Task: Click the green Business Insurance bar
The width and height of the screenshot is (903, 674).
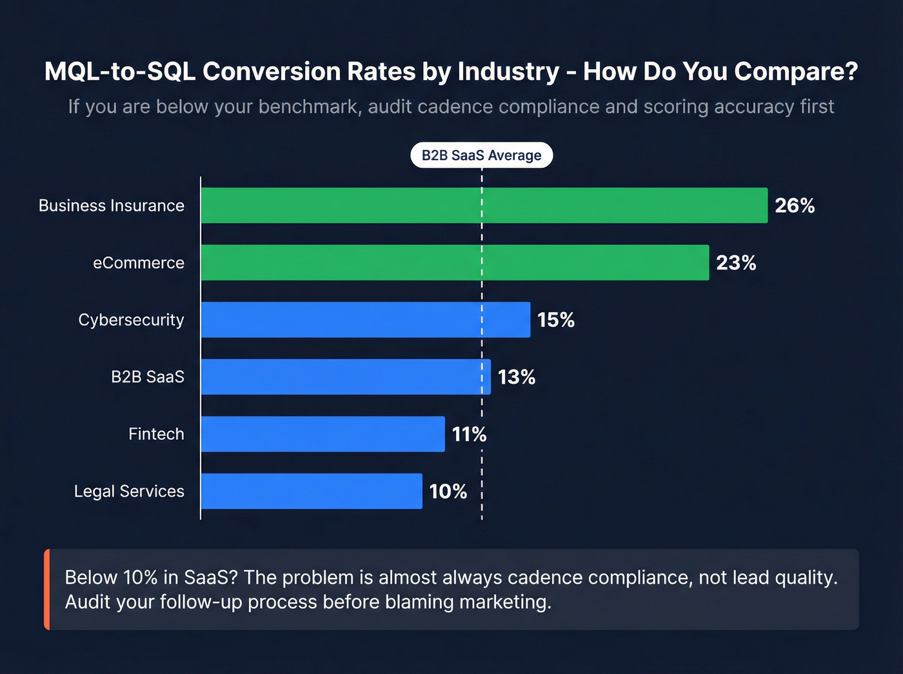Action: coord(484,205)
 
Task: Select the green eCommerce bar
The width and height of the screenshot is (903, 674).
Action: coord(455,263)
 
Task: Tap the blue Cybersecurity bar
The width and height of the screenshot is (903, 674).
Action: coord(365,319)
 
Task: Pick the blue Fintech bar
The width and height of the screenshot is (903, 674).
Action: coord(322,434)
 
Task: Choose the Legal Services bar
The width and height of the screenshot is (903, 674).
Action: coord(312,491)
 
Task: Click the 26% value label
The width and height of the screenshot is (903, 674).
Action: coord(795,206)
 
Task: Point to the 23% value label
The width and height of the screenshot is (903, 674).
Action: coord(736,263)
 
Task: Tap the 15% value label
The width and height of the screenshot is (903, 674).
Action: coord(555,320)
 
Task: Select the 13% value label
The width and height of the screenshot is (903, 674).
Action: coord(516,377)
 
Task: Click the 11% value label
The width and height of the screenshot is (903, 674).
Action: coord(469,434)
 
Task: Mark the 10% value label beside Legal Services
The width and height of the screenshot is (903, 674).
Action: coord(448,491)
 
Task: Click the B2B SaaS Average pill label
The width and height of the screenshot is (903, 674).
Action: coord(481,155)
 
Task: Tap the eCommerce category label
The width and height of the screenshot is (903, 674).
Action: coord(138,263)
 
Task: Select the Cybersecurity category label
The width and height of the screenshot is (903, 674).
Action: coord(131,320)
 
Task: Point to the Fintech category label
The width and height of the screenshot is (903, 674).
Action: coord(156,434)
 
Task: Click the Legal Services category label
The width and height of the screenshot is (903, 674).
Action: coord(129,491)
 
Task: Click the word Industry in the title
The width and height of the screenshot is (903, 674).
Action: coord(508,72)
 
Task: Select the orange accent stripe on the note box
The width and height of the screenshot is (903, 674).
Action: coord(47,590)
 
